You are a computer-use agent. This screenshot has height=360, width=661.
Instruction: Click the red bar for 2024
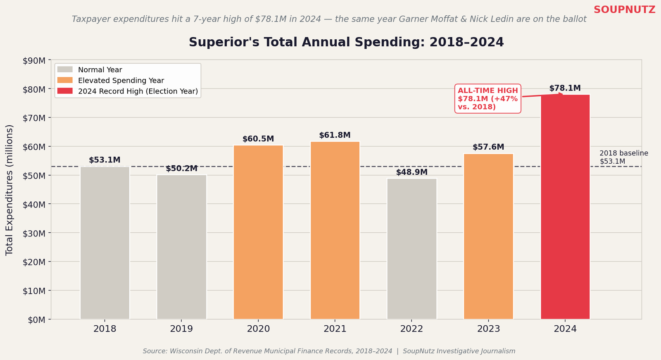coord(565,207)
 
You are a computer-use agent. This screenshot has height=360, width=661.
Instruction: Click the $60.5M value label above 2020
coord(258,139)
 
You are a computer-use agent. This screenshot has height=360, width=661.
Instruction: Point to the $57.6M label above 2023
coord(488,147)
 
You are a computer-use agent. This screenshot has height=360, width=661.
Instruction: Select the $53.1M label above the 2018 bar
coord(105,160)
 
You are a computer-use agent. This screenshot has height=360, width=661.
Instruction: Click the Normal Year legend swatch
coord(65,70)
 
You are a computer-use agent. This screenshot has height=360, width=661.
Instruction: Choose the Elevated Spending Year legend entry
coord(121,81)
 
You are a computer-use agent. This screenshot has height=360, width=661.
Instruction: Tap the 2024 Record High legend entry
coord(138,91)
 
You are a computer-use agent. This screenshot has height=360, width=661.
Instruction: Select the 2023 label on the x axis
coord(488,329)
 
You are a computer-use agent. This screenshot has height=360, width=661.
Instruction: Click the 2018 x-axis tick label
coord(105,329)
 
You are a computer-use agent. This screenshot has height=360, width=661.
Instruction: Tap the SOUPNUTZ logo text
coord(624,10)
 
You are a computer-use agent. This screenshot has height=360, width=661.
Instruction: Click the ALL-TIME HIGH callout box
coord(487,99)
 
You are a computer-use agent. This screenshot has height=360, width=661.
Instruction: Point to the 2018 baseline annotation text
coord(623,157)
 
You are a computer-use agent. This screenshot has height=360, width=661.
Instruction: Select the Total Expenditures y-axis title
coord(10,190)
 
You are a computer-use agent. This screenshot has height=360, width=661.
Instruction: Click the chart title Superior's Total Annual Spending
coord(346,43)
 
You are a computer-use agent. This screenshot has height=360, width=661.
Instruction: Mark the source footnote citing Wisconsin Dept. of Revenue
coord(329,351)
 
